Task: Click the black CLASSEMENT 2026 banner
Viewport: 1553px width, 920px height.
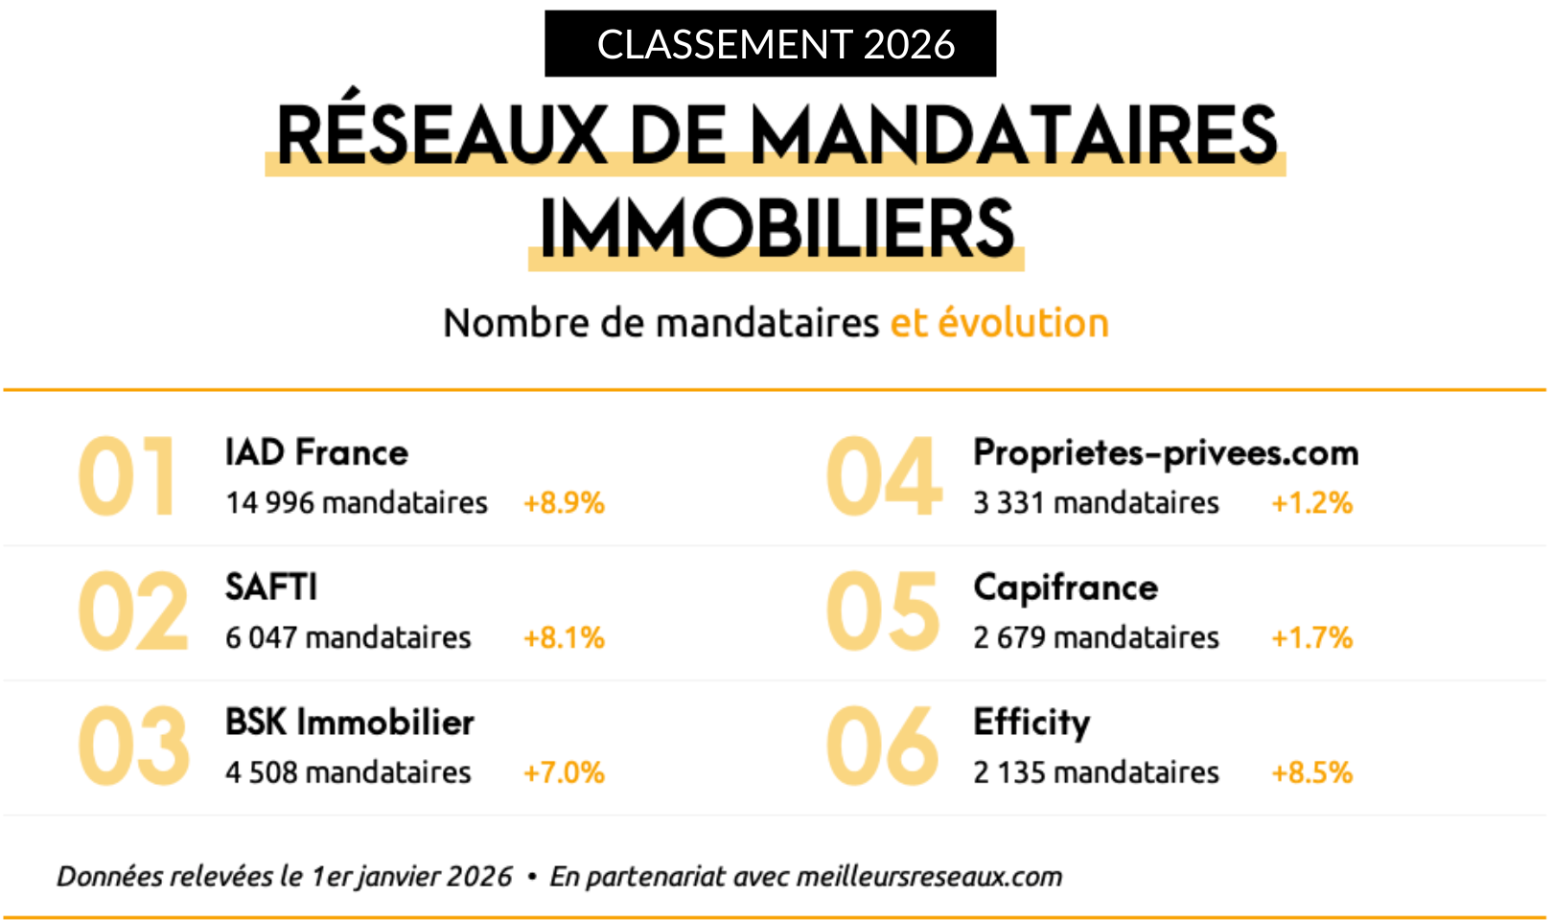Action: pos(770,44)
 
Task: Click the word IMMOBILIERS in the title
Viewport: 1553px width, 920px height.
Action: pos(776,229)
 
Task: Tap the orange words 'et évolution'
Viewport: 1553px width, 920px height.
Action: pos(999,323)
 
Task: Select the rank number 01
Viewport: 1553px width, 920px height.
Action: pos(127,477)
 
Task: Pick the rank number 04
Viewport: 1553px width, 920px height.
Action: pos(883,477)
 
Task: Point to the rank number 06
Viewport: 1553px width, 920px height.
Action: pos(882,747)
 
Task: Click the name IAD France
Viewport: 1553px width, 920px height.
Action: pos(316,452)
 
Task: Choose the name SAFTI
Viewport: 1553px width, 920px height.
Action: pos(271,586)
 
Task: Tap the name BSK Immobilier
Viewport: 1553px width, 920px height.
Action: pos(349,722)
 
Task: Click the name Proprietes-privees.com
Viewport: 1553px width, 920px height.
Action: pos(1166,452)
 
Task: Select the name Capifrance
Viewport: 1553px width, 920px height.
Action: pos(1065,587)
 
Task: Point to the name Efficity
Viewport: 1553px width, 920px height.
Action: pos(1031,723)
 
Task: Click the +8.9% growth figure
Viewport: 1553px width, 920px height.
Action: pos(564,503)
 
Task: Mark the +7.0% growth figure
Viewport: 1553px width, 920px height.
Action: pos(564,772)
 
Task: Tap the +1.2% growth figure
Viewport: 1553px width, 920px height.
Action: pos(1311,503)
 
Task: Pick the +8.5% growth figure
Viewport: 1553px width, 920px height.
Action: pos(1311,772)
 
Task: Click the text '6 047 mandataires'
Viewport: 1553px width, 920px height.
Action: pos(348,637)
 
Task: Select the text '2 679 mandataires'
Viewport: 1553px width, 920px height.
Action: pos(1096,637)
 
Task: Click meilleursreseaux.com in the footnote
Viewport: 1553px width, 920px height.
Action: pos(929,877)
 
